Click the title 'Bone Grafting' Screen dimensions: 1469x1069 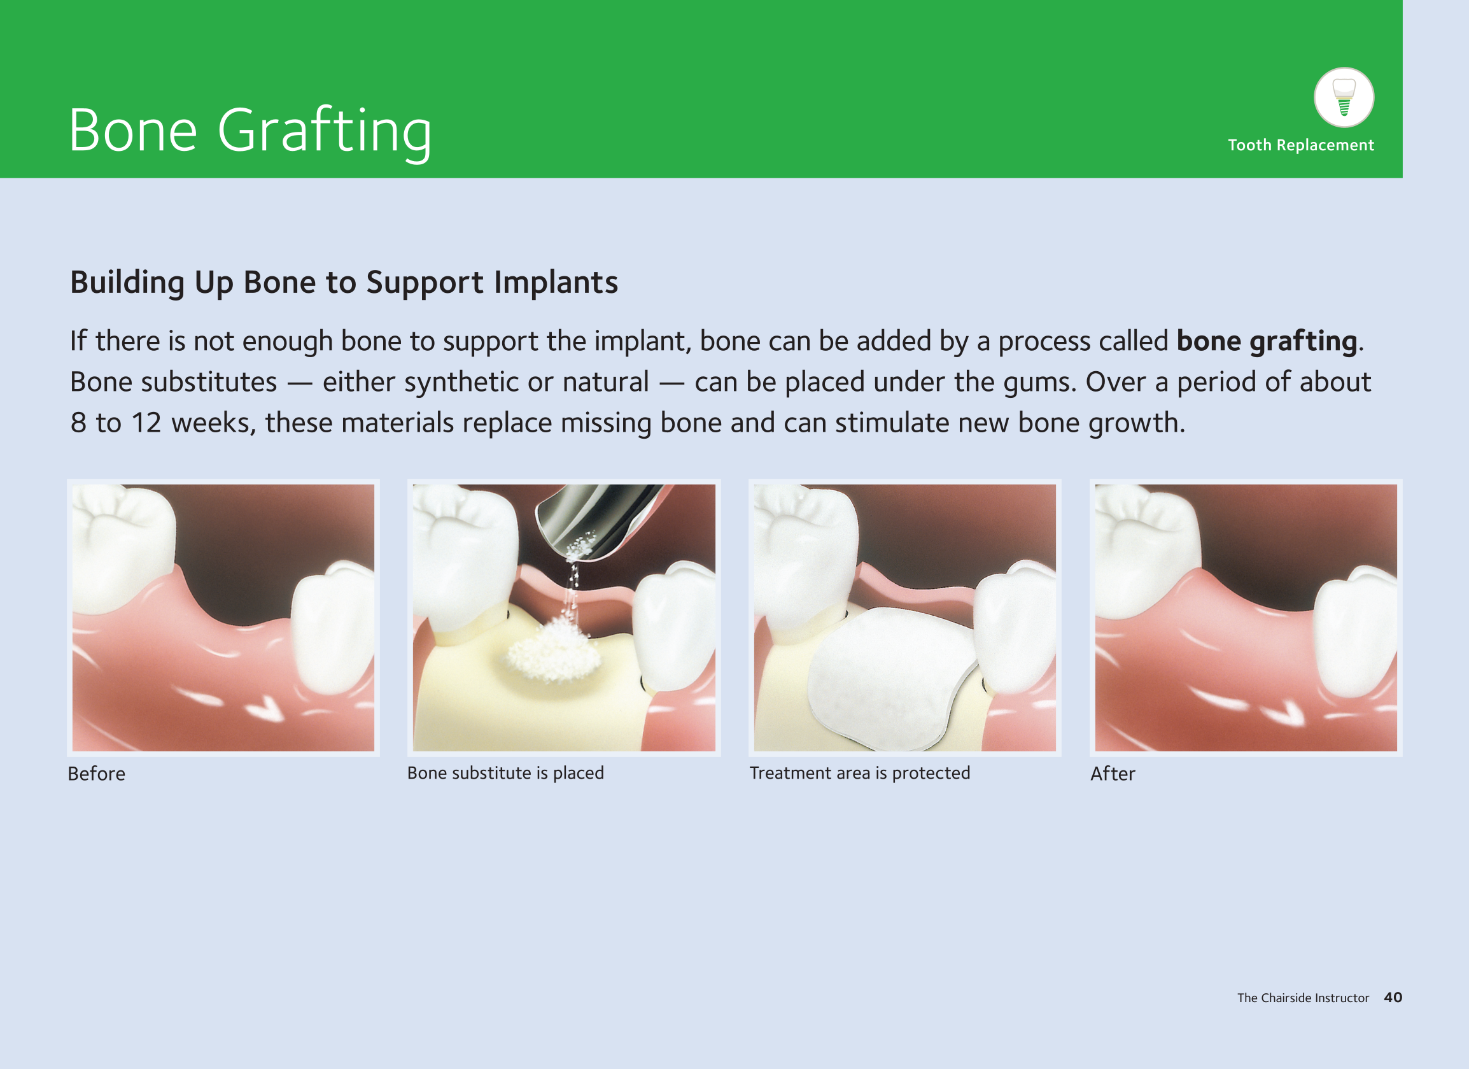click(250, 131)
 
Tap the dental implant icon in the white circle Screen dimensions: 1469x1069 click(1344, 97)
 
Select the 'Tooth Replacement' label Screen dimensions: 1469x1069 click(1300, 145)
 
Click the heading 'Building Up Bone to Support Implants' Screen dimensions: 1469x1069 click(344, 283)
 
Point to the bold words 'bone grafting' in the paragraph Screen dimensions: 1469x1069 click(1266, 341)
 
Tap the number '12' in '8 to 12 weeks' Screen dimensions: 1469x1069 click(146, 423)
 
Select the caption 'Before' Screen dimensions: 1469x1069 click(97, 774)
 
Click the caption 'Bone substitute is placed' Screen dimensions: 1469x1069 click(505, 773)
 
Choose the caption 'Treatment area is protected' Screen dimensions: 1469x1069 click(859, 773)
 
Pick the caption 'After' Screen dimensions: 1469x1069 click(1112, 774)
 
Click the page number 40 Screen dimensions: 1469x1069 click(1393, 997)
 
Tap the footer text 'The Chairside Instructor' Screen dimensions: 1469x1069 click(1303, 998)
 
